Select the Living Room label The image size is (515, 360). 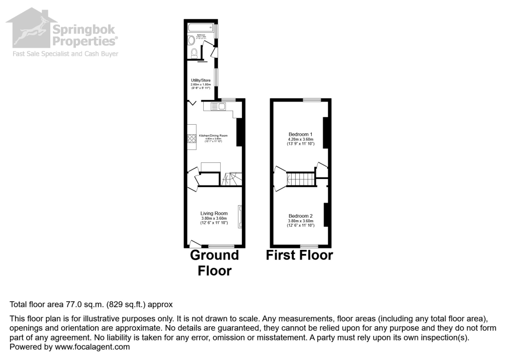point(214,213)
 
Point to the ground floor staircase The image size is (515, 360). point(232,179)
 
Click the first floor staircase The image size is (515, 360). point(301,179)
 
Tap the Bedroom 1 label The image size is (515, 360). point(300,134)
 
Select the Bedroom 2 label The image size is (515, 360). point(300,216)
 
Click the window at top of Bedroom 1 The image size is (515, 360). point(311,100)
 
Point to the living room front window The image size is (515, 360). point(221,246)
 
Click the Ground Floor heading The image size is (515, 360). point(214,262)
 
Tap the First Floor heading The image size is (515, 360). point(299,255)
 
